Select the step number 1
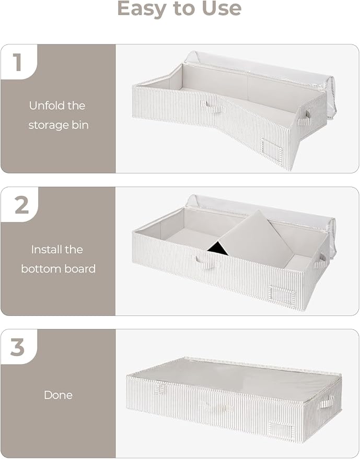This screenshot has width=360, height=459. tap(17, 62)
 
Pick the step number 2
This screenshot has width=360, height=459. tap(21, 205)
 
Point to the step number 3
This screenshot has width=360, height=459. tap(18, 347)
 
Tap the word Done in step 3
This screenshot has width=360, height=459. tap(58, 395)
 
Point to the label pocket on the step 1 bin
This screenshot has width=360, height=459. tap(271, 152)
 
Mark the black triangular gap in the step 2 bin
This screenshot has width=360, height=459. tap(218, 249)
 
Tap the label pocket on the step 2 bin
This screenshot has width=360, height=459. tap(284, 296)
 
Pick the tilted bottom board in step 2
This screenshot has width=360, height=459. tap(256, 238)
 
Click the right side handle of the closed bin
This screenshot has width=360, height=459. tap(327, 402)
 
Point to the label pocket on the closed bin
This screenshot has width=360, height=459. tap(282, 430)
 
